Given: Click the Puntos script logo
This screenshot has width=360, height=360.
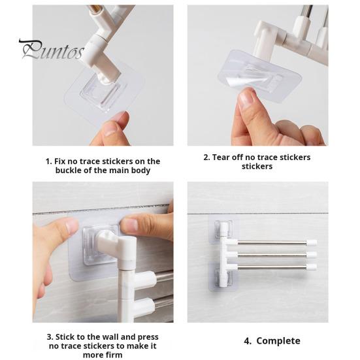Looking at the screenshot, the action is (52, 50).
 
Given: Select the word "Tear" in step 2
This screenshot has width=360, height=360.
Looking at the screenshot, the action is (221, 157).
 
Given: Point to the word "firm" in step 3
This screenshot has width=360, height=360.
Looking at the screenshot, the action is (114, 355).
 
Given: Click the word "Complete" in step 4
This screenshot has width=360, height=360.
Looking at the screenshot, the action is (278, 341).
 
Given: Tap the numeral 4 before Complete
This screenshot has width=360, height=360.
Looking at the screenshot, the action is (247, 341).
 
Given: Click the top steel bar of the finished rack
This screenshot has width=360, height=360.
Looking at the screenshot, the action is (272, 242).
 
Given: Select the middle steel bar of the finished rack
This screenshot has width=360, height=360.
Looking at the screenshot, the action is (272, 255).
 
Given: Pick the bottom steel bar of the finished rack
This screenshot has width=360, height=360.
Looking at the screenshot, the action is (272, 267).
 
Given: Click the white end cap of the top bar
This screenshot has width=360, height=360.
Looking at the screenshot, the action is (312, 242).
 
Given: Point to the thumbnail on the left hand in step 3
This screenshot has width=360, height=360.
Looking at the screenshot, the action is (72, 225).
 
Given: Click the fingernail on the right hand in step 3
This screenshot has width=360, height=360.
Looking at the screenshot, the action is (129, 225).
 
